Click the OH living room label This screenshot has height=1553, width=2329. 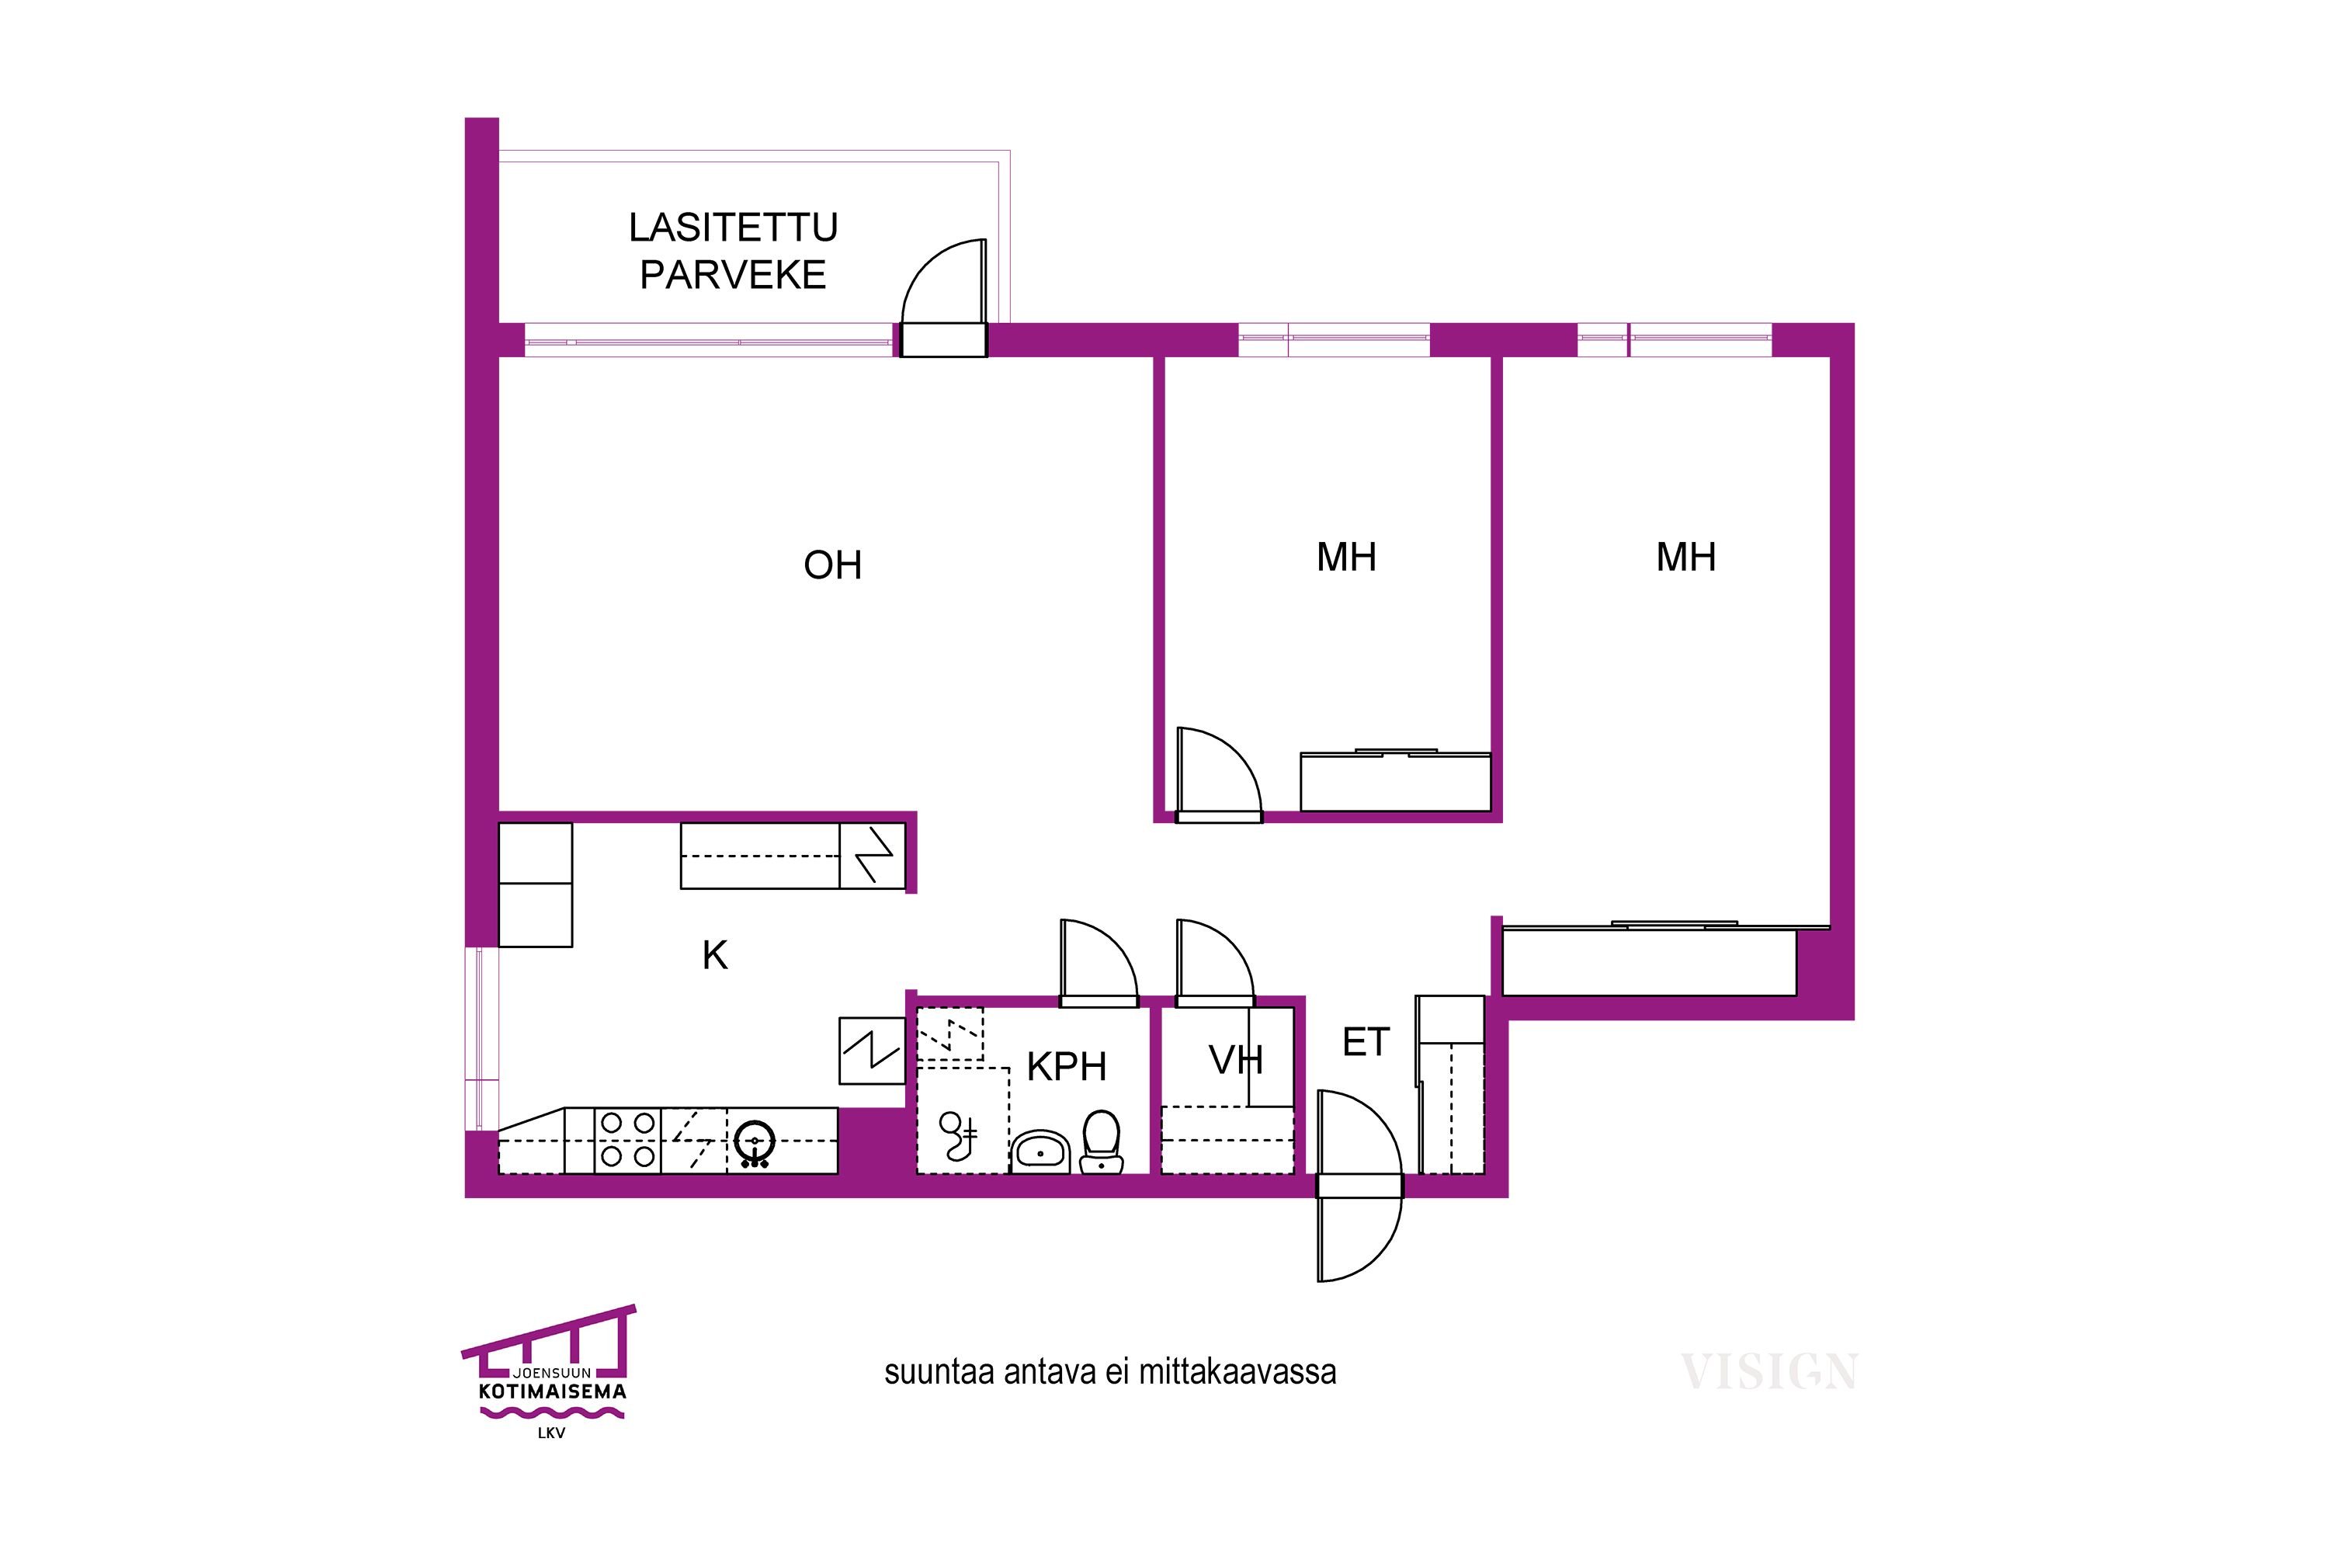coord(833,565)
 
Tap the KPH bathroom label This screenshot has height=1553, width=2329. coord(1067,1067)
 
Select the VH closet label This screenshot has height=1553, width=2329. coord(1236,1061)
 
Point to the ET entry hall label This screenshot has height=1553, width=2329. coord(1366,1042)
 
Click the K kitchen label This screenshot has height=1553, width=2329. coord(715,956)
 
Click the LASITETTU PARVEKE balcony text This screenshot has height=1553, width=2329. coord(734,252)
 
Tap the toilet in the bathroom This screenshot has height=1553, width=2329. coord(1101,1142)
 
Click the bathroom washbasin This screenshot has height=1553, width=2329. coord(1040,1152)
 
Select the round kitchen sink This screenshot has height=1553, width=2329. coord(755,1143)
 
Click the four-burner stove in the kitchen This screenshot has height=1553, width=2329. coord(628,1140)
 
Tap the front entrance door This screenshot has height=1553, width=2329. coord(1359,1186)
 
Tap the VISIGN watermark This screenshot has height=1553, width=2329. coord(1768,1372)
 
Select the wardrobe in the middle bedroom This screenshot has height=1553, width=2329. coord(1395,781)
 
